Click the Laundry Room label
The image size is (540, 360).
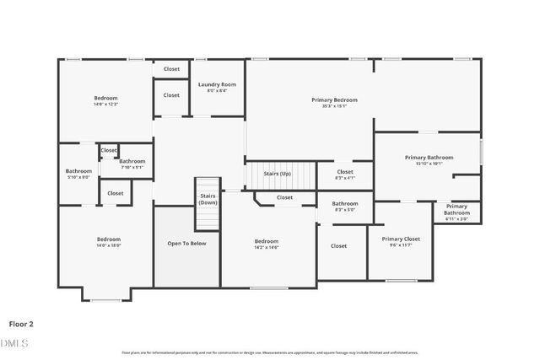click(x=217, y=84)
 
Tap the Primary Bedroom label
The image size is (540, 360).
click(x=334, y=99)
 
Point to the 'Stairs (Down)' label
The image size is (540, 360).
click(x=208, y=199)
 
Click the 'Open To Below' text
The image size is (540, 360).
click(x=186, y=243)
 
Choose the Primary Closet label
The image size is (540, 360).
click(x=400, y=239)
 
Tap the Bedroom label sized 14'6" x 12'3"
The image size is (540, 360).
click(x=105, y=98)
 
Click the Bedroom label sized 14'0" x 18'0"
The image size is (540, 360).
click(x=108, y=239)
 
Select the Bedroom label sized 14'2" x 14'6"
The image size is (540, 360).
click(x=267, y=241)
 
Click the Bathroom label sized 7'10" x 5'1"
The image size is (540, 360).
click(x=132, y=161)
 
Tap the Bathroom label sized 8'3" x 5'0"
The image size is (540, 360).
click(x=344, y=203)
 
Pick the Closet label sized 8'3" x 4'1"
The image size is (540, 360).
click(x=344, y=172)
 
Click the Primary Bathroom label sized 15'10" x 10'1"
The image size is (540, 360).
click(x=429, y=157)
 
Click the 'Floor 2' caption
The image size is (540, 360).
click(x=21, y=323)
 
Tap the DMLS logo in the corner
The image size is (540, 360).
click(x=14, y=343)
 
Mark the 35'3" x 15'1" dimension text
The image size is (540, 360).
click(x=334, y=106)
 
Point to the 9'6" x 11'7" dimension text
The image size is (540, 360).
click(x=400, y=245)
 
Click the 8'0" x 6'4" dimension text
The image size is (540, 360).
click(x=217, y=90)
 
